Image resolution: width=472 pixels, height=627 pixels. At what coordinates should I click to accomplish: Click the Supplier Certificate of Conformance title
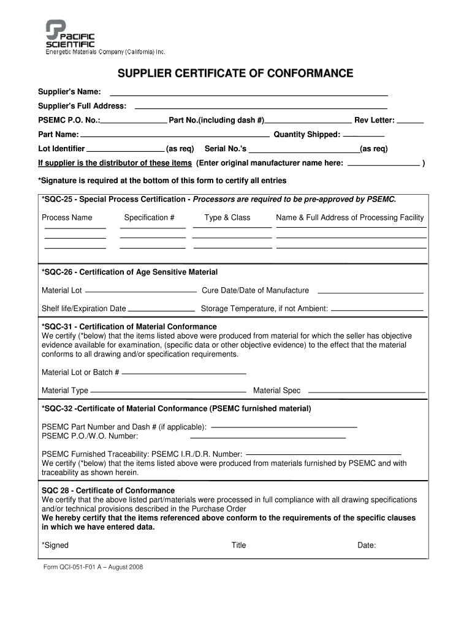click(x=235, y=74)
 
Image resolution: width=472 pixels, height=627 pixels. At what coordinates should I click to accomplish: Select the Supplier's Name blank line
click(x=248, y=96)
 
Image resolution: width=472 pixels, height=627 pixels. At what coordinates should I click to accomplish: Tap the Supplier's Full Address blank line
click(x=261, y=107)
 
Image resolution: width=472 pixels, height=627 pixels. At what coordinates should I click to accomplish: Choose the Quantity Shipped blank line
click(x=364, y=135)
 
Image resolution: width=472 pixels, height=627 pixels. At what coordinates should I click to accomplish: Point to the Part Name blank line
click(x=175, y=135)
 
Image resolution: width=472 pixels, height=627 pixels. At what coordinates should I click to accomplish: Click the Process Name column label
click(x=67, y=217)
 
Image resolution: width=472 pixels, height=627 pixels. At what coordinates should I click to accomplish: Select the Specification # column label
click(x=150, y=217)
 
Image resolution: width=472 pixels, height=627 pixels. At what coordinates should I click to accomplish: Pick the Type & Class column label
click(x=227, y=217)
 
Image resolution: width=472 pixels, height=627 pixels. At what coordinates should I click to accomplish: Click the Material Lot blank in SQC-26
click(x=142, y=291)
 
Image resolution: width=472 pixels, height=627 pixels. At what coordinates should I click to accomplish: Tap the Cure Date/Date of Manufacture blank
click(x=371, y=292)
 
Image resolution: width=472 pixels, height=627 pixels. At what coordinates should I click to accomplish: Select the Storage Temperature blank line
click(x=378, y=309)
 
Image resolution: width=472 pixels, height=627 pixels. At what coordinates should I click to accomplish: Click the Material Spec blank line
click(x=366, y=392)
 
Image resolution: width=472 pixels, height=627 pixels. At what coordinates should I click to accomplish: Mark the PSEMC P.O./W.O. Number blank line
click(x=268, y=438)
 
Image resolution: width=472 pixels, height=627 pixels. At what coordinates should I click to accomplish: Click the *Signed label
click(x=55, y=546)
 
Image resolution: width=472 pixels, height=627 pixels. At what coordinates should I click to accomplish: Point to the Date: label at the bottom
click(x=367, y=546)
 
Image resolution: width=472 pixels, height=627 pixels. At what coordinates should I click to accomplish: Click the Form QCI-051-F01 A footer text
click(x=93, y=567)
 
